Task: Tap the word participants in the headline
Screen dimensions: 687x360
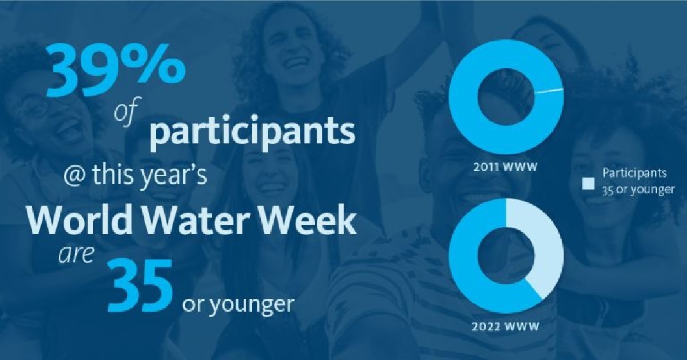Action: click(x=253, y=132)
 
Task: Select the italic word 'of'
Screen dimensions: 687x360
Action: click(x=127, y=114)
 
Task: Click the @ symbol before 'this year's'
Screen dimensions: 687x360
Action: click(x=75, y=175)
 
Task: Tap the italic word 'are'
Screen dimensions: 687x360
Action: click(x=77, y=254)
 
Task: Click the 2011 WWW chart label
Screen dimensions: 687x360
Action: click(x=505, y=167)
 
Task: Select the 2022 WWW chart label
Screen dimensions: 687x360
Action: click(x=505, y=327)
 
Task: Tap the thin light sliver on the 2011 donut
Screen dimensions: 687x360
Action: click(x=549, y=91)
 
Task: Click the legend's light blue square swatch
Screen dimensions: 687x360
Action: click(x=588, y=184)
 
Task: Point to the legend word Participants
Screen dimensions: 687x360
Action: click(x=634, y=174)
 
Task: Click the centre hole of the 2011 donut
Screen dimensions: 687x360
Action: click(x=506, y=96)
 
